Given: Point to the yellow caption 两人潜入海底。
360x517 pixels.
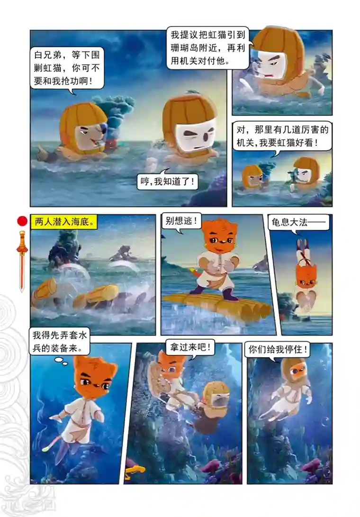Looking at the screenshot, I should click(x=63, y=221).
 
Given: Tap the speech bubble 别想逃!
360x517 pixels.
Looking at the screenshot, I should click(x=181, y=221).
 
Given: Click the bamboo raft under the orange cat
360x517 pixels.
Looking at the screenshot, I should click(x=216, y=305).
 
